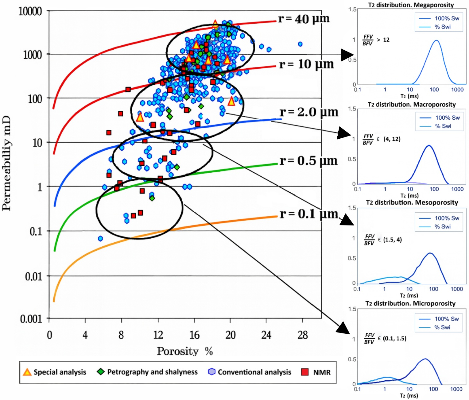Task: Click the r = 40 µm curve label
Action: [x=304, y=19]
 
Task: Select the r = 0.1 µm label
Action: [x=308, y=214]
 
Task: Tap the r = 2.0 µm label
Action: [x=308, y=112]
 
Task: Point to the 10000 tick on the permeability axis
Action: [x=30, y=11]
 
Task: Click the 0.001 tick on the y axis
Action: [x=31, y=319]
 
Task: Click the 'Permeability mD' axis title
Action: [x=7, y=163]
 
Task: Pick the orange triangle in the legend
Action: [x=27, y=372]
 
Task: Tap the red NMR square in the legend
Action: [x=305, y=372]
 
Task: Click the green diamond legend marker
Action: [x=101, y=372]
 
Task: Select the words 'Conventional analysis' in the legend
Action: [x=254, y=372]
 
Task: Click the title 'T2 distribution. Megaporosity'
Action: [x=411, y=5]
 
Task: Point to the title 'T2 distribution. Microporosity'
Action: [x=410, y=303]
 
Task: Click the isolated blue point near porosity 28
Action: [x=300, y=44]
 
